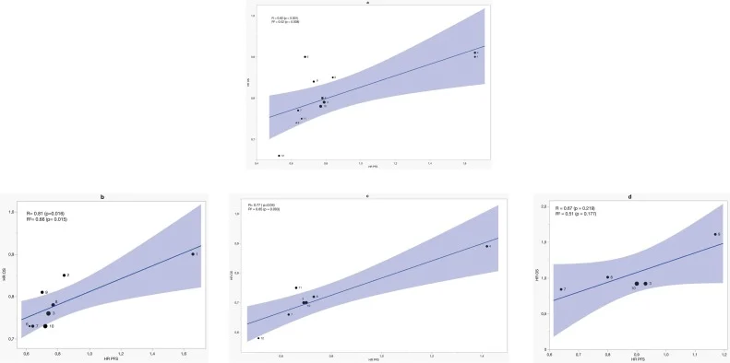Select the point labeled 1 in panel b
pyautogui.click(x=193, y=253)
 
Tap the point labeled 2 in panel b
pyautogui.click(x=64, y=275)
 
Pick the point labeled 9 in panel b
pyautogui.click(x=49, y=314)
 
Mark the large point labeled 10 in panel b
pyautogui.click(x=45, y=326)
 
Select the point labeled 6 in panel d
pyautogui.click(x=715, y=235)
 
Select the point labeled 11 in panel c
pyautogui.click(x=296, y=288)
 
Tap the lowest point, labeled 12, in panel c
pyautogui.click(x=258, y=339)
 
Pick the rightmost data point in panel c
pyautogui.click(x=486, y=246)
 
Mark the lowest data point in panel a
pyautogui.click(x=279, y=156)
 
